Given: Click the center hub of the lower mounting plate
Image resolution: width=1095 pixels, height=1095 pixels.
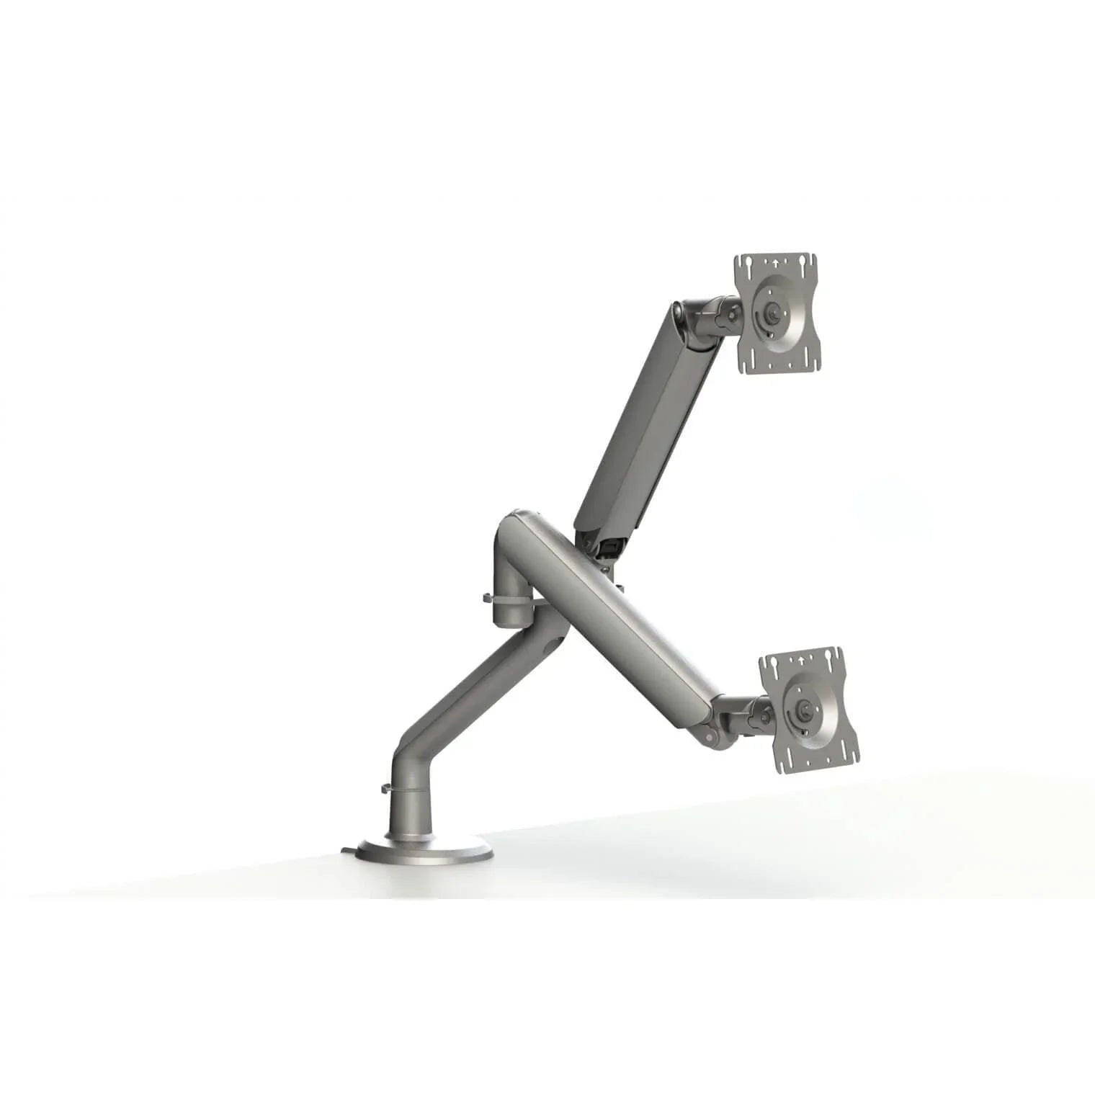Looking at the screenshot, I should click(x=805, y=709).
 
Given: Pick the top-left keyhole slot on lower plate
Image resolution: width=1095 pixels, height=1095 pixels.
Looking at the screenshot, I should click(x=772, y=661).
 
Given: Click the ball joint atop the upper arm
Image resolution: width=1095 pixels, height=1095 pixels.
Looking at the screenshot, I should click(x=681, y=313).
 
